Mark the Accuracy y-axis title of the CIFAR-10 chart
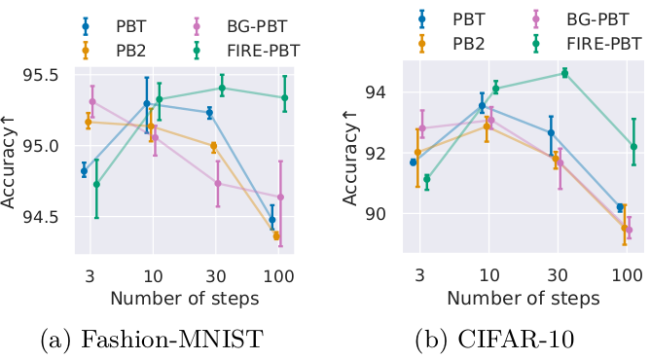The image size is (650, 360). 349,156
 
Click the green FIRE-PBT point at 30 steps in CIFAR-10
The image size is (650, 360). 565,73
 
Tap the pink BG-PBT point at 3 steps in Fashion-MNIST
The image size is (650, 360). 92,101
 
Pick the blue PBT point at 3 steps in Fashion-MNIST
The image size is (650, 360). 84,170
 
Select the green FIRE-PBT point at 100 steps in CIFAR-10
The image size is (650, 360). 633,147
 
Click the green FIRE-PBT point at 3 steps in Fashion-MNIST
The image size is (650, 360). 96,185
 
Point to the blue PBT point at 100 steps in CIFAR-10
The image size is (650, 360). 620,207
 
